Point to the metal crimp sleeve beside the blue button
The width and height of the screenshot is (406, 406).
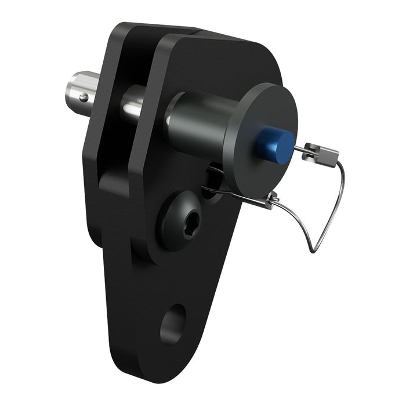321,155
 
